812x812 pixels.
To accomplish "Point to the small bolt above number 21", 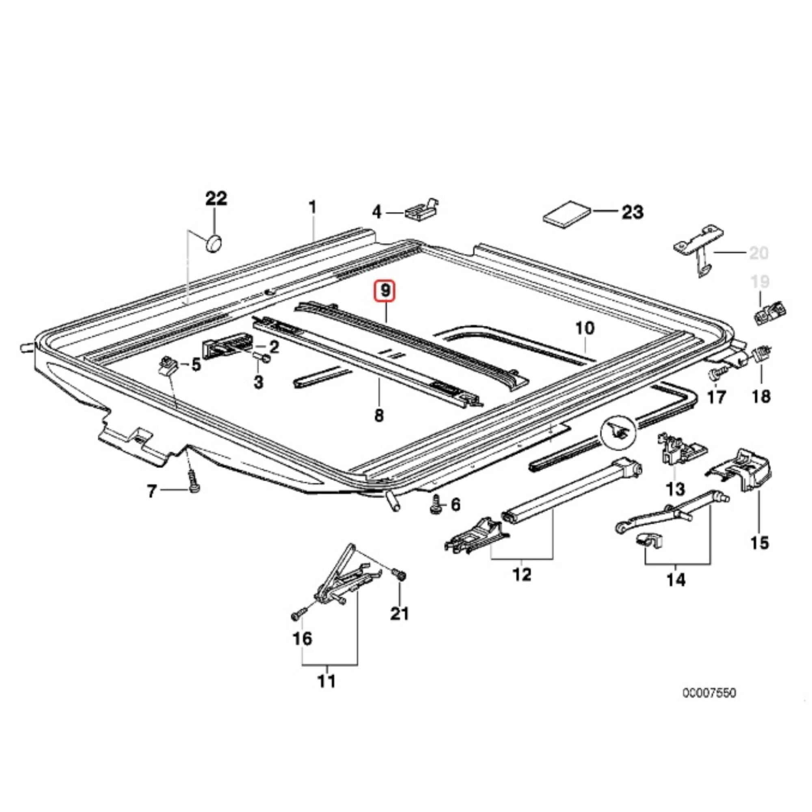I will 400,574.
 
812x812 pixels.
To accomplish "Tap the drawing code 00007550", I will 709,693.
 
